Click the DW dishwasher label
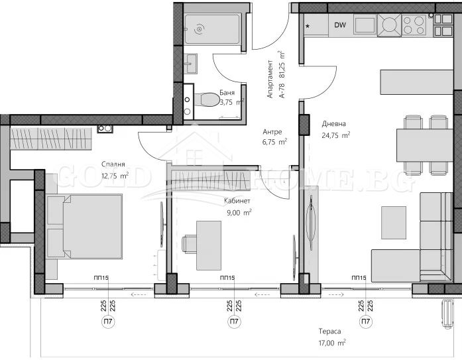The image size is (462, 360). (340, 26)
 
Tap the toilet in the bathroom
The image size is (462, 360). (207, 99)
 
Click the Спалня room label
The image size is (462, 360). (114, 164)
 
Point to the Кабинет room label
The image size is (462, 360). (237, 200)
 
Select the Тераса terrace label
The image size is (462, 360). (330, 331)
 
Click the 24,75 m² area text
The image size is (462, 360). (336, 135)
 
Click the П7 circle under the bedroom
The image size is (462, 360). (107, 322)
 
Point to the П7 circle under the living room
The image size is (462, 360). (365, 322)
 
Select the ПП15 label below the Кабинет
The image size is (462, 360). (226, 278)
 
